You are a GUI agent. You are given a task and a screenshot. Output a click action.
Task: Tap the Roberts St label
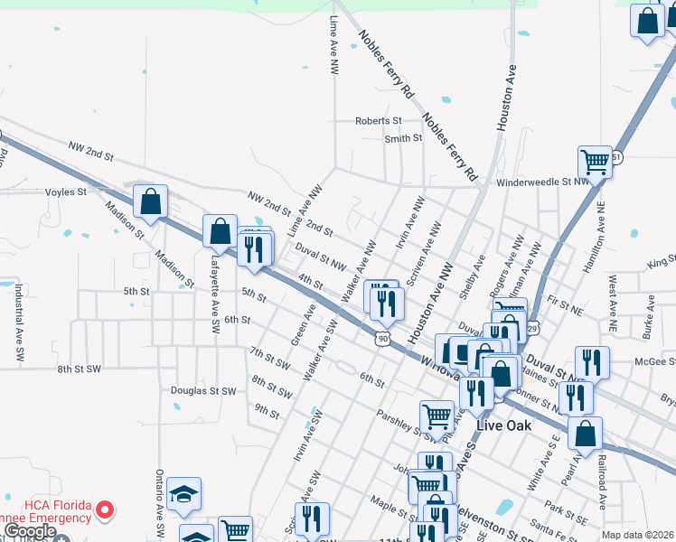378,120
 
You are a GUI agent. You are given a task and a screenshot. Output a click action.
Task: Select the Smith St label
403,138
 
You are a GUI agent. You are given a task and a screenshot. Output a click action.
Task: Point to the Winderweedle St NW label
536,181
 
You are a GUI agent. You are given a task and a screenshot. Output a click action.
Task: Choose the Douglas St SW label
203,391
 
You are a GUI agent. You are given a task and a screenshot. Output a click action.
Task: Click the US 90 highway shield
384,338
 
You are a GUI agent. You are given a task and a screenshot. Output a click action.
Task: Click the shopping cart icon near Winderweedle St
595,163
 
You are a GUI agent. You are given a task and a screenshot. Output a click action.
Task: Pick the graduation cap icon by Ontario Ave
183,494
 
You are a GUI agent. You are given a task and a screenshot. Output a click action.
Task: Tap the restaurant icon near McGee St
592,361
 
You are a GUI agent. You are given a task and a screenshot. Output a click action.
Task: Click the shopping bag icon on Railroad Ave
586,433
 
